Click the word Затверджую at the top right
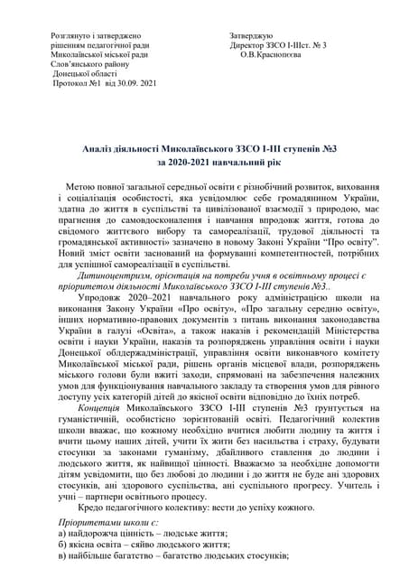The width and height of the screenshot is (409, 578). [253, 33]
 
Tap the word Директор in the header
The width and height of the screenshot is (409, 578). [249, 44]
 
